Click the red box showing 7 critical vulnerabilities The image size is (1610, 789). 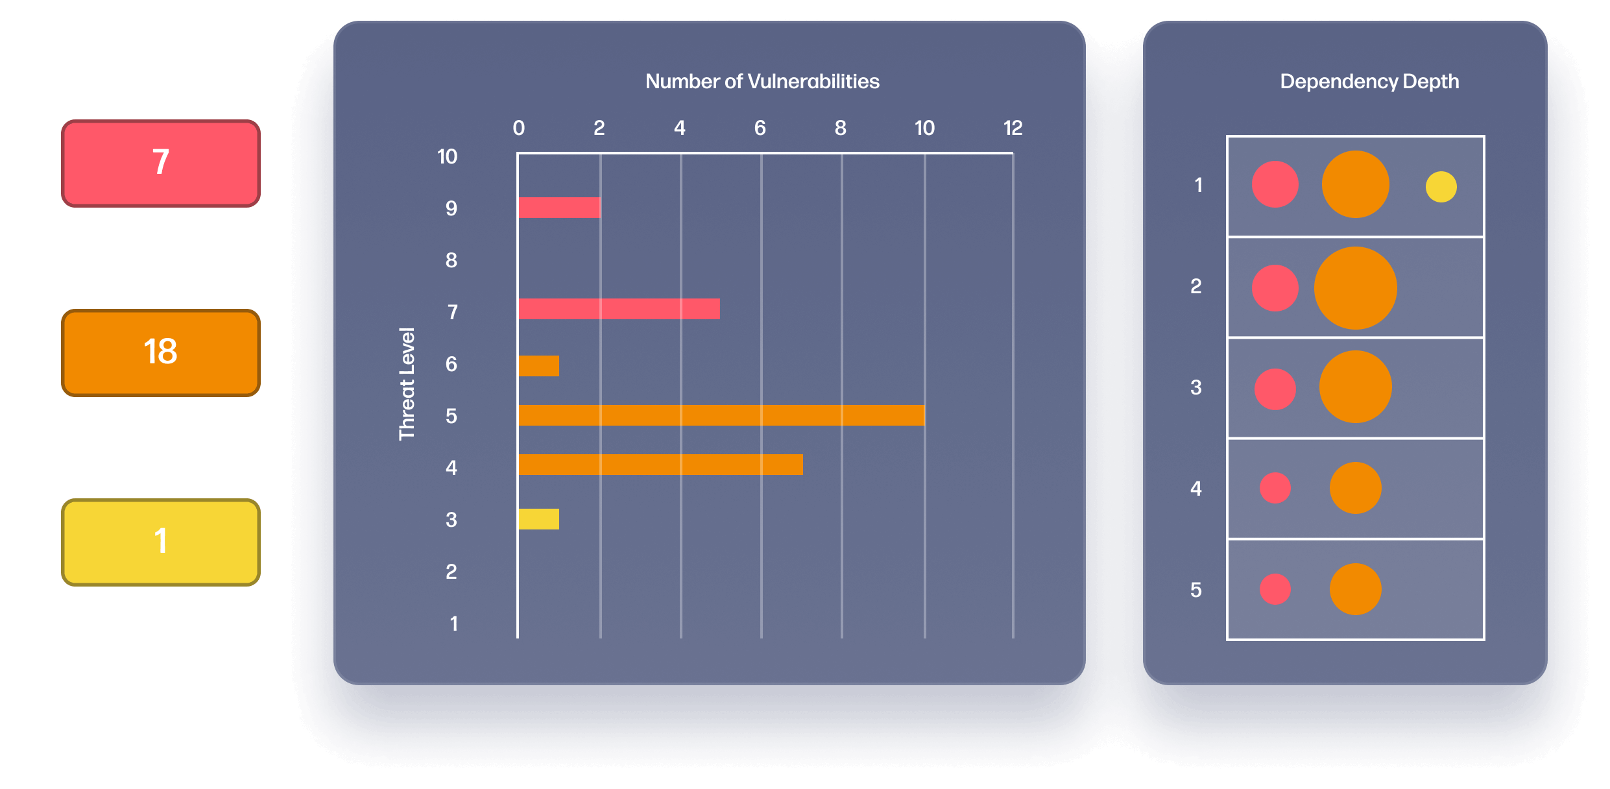click(x=161, y=163)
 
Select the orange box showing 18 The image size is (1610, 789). click(x=161, y=352)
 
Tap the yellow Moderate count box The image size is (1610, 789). click(x=161, y=542)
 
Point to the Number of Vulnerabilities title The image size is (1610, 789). click(x=762, y=82)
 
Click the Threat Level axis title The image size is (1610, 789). click(x=407, y=384)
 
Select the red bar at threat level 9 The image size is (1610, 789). click(x=559, y=208)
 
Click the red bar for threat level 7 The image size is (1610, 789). click(x=619, y=309)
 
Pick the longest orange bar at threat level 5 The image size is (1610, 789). click(x=721, y=415)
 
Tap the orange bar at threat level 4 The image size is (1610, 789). click(x=660, y=465)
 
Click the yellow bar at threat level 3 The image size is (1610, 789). click(x=538, y=519)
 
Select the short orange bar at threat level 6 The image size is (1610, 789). click(x=538, y=366)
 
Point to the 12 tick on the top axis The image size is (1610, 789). click(x=1013, y=128)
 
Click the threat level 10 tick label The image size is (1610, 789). click(x=447, y=157)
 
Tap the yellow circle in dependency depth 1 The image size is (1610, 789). click(x=1441, y=187)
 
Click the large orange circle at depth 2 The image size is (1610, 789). click(x=1355, y=288)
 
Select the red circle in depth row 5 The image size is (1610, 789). click(x=1275, y=589)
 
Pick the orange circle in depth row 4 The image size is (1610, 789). click(x=1355, y=488)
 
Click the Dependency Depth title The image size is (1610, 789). click(x=1369, y=82)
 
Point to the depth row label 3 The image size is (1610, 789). click(x=1195, y=388)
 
